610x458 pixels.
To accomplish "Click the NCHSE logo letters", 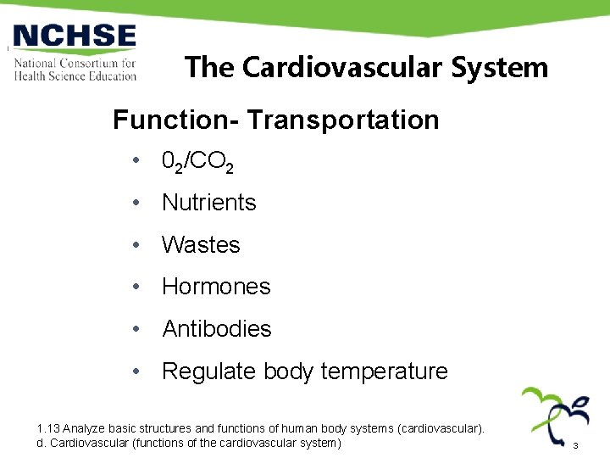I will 75,37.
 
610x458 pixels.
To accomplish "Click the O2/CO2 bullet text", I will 197,162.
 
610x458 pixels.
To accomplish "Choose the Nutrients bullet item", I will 208,203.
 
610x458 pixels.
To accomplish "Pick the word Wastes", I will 201,245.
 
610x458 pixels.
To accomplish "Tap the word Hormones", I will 216,287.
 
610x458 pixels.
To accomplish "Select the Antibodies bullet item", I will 216,329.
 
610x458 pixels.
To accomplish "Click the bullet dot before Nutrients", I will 136,204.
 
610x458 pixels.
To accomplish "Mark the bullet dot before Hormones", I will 136,288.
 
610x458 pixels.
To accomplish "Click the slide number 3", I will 575,446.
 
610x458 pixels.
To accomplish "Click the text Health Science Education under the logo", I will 75,75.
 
